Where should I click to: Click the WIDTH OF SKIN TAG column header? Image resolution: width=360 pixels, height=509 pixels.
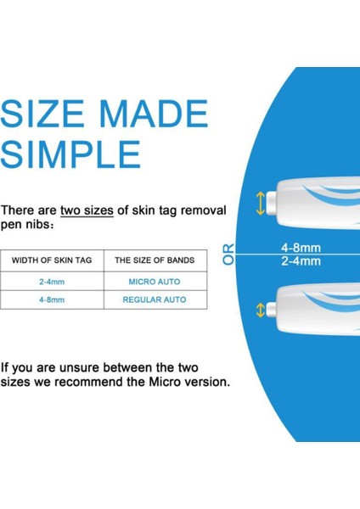(52, 260)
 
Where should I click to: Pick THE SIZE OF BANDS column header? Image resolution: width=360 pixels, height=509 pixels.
(154, 260)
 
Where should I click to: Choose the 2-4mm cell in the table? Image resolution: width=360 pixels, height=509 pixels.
(52, 280)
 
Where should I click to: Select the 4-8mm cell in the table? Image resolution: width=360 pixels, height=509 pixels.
(52, 299)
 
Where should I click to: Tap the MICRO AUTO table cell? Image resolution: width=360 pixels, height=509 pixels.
(154, 280)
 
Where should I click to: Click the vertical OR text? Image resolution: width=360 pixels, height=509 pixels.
(228, 254)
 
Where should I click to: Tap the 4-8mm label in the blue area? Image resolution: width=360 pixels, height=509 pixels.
(301, 248)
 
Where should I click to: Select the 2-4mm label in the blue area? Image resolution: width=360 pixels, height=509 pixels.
(301, 261)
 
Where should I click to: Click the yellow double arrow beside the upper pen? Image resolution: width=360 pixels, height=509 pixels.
(259, 203)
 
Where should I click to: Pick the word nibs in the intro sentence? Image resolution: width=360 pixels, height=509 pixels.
(37, 224)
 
